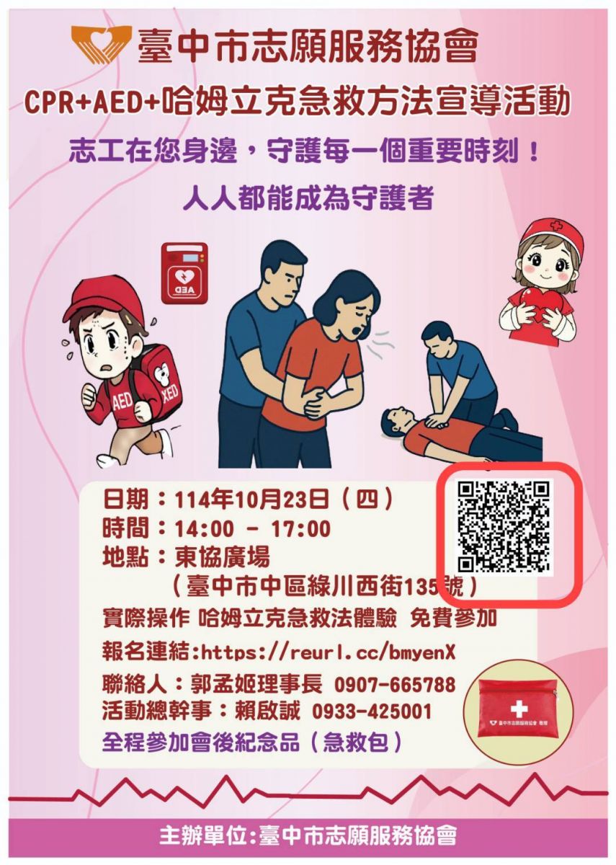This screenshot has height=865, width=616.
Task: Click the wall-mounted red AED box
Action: tap(184, 273)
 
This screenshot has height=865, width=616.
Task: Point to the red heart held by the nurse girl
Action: tap(540, 307)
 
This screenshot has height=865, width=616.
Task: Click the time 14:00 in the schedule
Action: tap(204, 529)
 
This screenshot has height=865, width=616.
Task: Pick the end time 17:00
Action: tap(300, 529)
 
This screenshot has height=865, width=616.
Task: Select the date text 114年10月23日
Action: tap(251, 500)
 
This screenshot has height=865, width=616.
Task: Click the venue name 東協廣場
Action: tap(223, 558)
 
